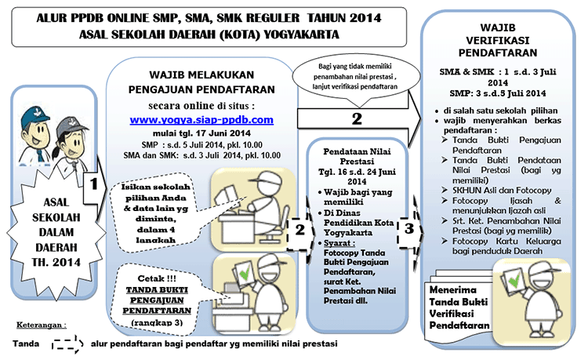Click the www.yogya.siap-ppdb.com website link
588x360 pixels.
(x=201, y=120)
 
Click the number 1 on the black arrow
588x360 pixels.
(x=93, y=184)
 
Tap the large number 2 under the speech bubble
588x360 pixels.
(x=357, y=119)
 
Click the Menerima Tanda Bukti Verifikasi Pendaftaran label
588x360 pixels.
(x=460, y=307)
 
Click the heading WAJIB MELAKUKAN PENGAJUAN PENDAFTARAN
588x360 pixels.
(x=201, y=82)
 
